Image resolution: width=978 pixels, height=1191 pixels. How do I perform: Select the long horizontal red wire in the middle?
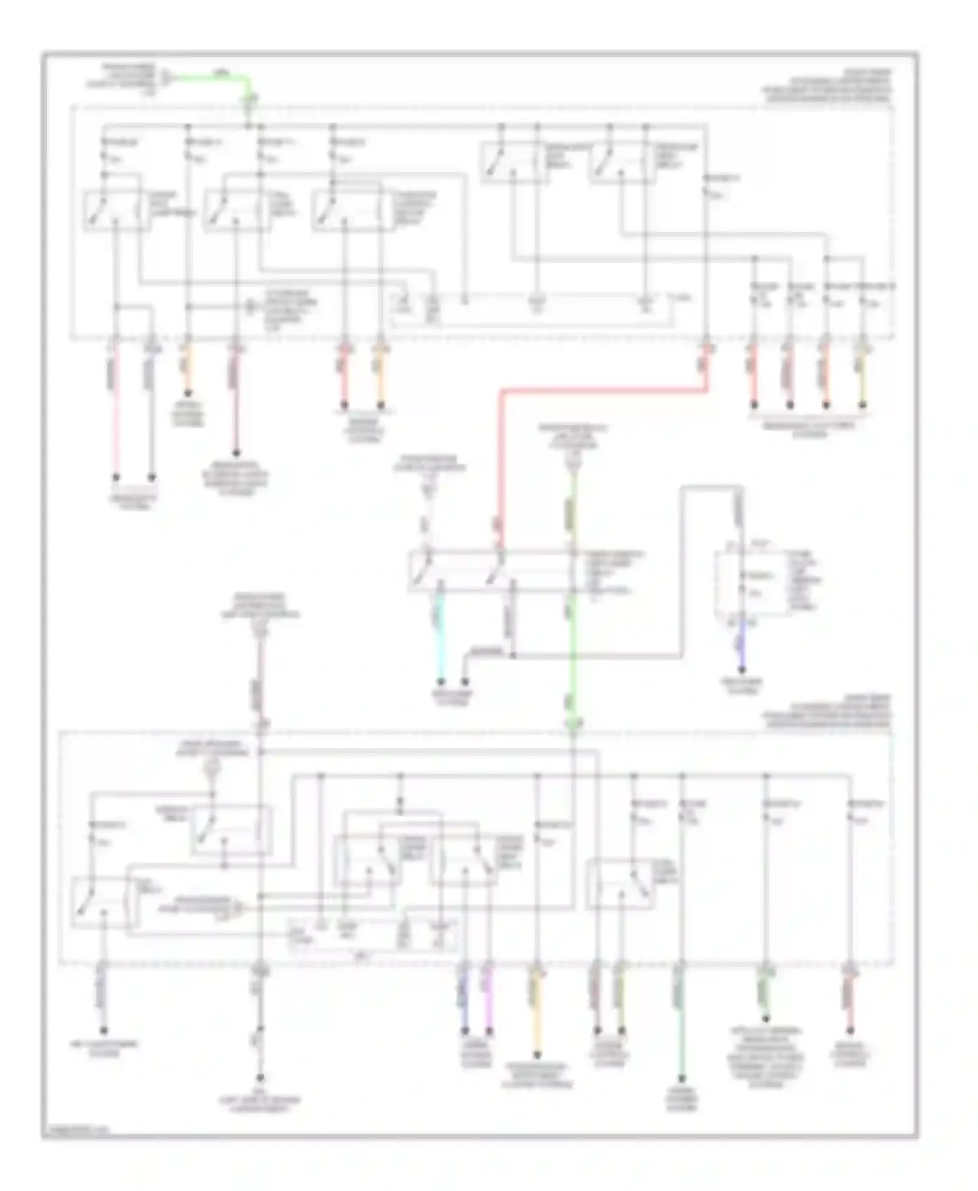coord(600,391)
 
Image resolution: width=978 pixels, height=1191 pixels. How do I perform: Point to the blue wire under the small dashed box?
coord(741,652)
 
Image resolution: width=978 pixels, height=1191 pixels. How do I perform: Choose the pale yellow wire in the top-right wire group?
coord(863,384)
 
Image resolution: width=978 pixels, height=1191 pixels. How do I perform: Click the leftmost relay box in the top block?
coord(115,210)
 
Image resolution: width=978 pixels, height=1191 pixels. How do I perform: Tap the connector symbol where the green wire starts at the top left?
coord(168,78)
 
